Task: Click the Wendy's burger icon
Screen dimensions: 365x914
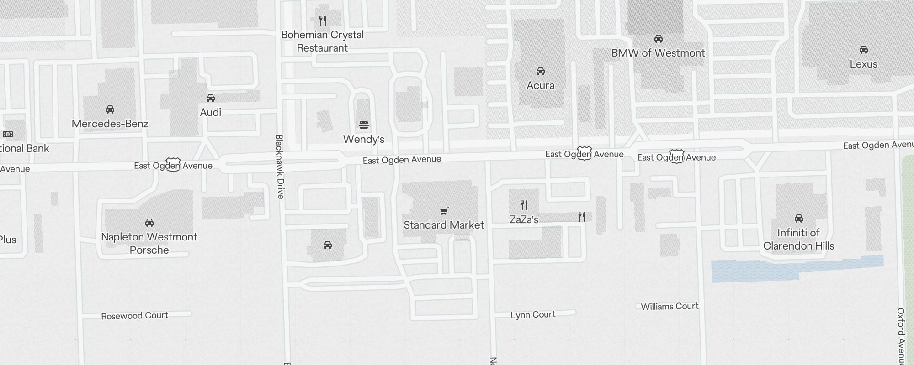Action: click(364, 125)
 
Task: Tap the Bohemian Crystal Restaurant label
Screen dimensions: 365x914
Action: click(323, 41)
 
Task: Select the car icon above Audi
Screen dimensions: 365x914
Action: click(211, 98)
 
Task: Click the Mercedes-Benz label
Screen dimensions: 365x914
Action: click(110, 124)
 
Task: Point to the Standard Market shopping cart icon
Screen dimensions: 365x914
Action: click(444, 211)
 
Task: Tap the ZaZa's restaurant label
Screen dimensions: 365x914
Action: click(524, 219)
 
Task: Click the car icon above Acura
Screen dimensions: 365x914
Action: click(540, 71)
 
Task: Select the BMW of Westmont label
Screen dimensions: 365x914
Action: click(658, 53)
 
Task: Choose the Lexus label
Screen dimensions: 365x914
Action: click(863, 64)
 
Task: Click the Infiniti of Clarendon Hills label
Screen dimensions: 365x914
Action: click(798, 239)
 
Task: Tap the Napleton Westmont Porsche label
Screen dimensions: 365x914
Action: click(149, 243)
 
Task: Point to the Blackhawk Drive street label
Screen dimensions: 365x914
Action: click(280, 167)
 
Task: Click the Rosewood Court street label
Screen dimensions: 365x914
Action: click(134, 316)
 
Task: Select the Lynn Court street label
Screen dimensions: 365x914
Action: click(533, 315)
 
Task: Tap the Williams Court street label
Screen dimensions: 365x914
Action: click(670, 307)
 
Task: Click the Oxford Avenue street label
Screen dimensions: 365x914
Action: click(901, 335)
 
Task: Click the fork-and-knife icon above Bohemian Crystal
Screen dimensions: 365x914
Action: click(323, 21)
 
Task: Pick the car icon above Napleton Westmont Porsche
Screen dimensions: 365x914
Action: click(149, 223)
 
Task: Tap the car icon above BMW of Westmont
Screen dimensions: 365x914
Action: click(658, 39)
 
